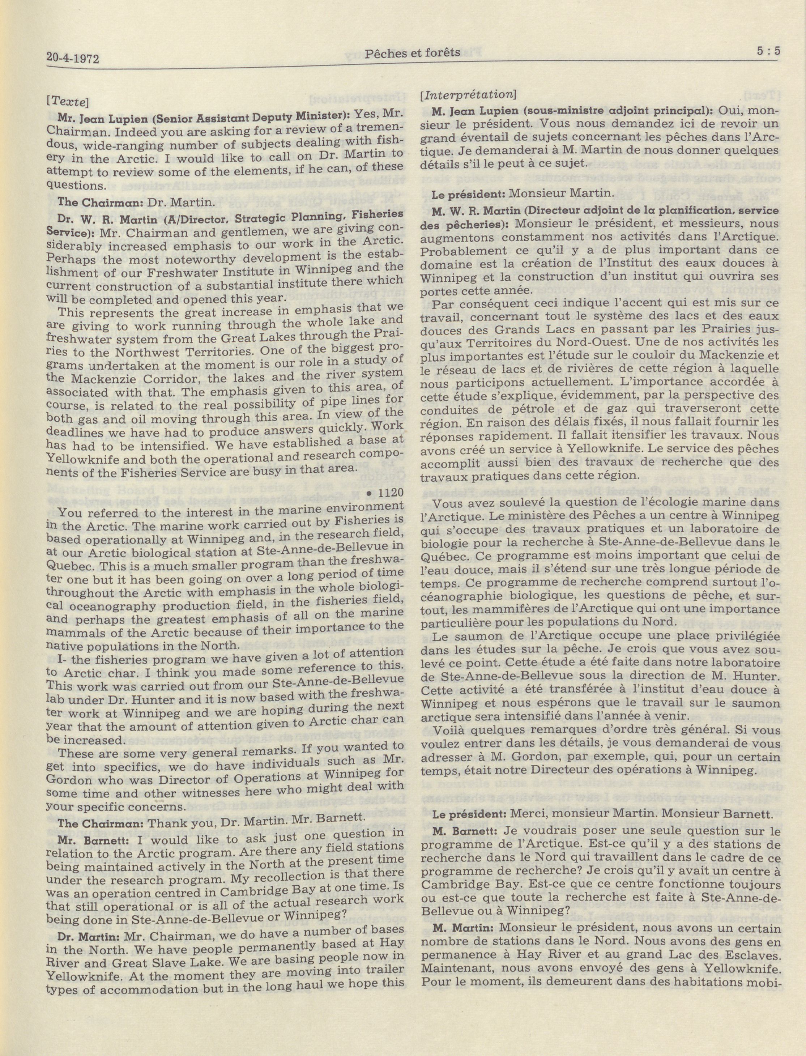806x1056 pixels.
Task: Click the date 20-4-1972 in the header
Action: [x=73, y=59]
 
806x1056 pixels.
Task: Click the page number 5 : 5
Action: [x=764, y=51]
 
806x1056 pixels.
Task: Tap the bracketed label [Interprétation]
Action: [x=468, y=95]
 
